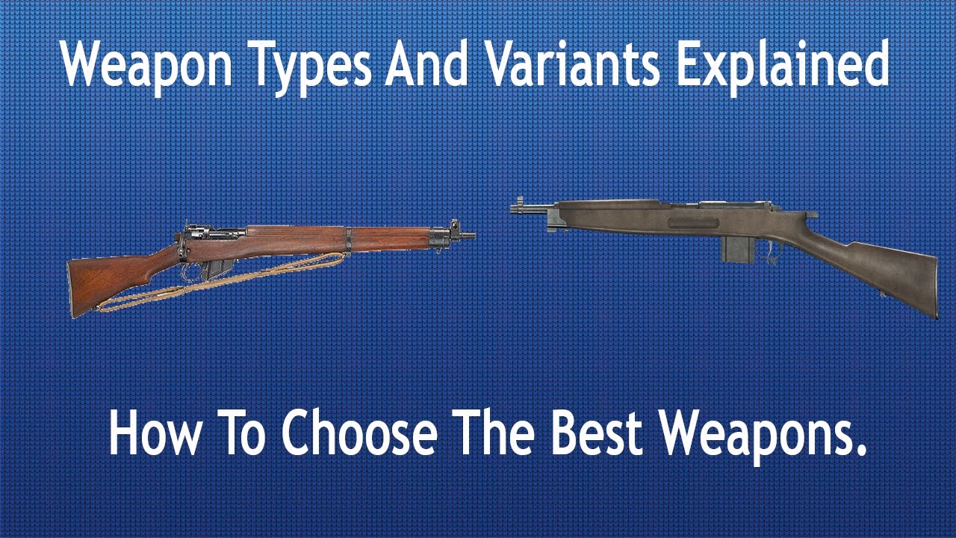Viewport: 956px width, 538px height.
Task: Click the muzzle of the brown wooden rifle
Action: (470, 235)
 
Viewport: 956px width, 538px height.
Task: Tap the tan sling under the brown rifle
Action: (224, 288)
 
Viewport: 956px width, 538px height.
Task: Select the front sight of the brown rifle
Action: (453, 225)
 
